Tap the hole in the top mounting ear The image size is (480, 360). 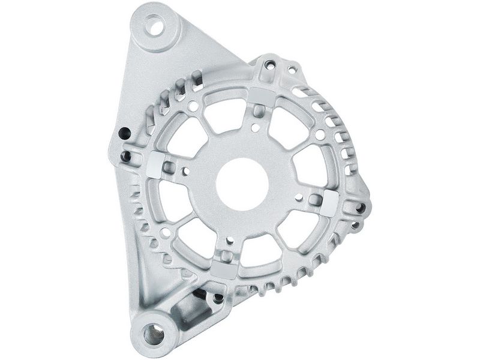coord(155,27)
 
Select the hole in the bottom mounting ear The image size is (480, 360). coord(154,334)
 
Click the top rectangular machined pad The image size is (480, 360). coord(261,95)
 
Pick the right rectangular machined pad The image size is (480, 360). coord(329,205)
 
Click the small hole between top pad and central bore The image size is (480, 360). coord(256,127)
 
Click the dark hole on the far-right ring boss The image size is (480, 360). coord(361,208)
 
